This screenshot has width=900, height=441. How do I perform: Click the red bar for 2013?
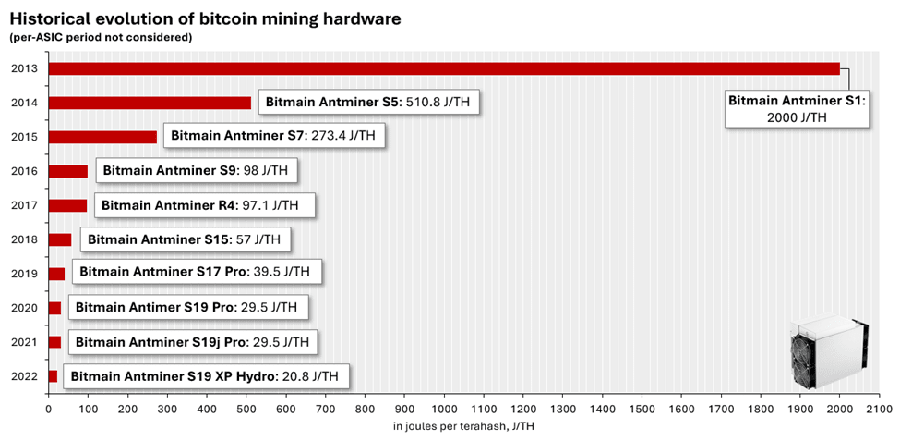coord(443,68)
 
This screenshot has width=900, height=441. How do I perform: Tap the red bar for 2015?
coord(102,137)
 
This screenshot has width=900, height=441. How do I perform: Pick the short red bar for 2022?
coord(53,376)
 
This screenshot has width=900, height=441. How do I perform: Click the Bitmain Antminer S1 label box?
coord(796,108)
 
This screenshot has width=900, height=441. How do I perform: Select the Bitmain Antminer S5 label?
coord(369,102)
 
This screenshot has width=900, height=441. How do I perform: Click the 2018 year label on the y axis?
coord(23,239)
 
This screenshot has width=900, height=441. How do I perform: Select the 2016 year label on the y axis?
coord(23,171)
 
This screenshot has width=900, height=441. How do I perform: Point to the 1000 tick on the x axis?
coord(444,407)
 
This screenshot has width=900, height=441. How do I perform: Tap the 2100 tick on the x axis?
coord(879,407)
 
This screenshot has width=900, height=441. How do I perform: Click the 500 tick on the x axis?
coord(246,407)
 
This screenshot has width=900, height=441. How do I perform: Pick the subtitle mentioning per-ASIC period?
coord(101,38)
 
